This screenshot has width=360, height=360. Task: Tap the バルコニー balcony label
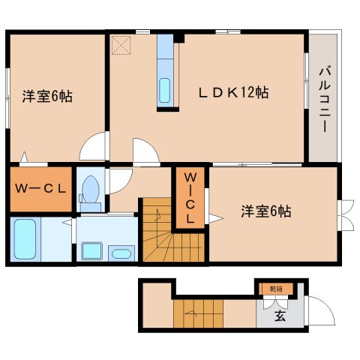pyautogui.click(x=324, y=98)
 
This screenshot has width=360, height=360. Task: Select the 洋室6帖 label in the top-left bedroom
pyautogui.click(x=46, y=96)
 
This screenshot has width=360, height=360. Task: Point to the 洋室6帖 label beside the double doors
pyautogui.click(x=265, y=211)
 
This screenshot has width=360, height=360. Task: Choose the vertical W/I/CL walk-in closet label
pyautogui.click(x=190, y=198)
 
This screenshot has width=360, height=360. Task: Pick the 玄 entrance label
pyautogui.click(x=279, y=316)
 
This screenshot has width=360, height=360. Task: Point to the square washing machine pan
pyautogui.click(x=91, y=250)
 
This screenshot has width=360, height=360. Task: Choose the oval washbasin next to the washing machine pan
pyautogui.click(x=121, y=253)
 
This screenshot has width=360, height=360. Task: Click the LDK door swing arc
pyautogui.click(x=145, y=151)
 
